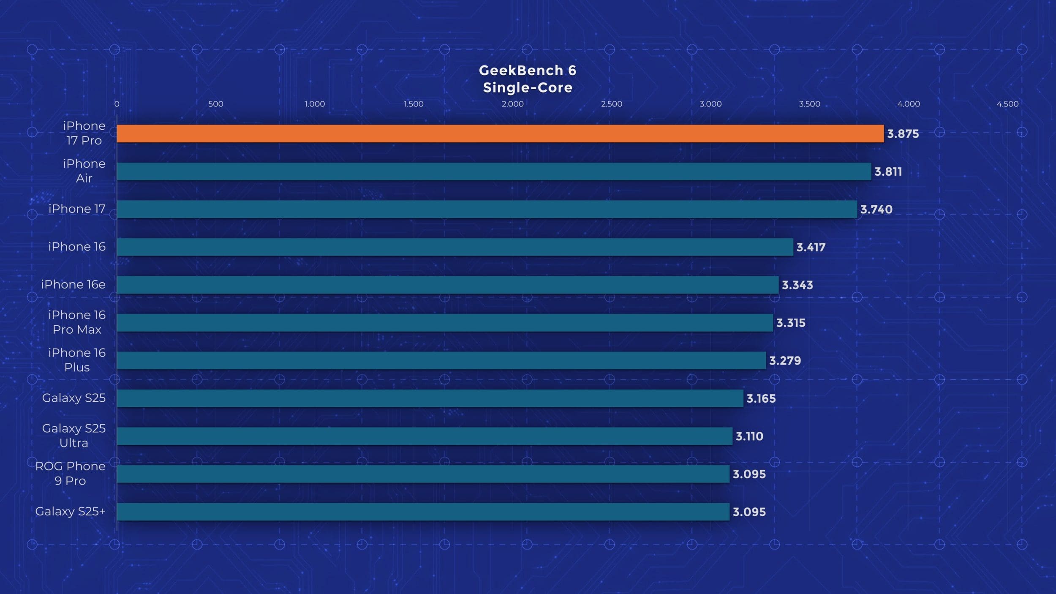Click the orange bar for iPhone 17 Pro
click(x=500, y=134)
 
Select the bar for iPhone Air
click(x=494, y=172)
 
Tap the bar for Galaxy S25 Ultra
click(x=425, y=436)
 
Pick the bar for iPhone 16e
click(x=448, y=285)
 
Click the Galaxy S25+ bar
click(x=423, y=512)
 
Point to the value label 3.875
click(x=903, y=134)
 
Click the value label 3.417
click(x=811, y=247)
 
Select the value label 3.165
click(x=761, y=398)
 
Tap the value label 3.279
click(x=785, y=361)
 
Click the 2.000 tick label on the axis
click(x=512, y=104)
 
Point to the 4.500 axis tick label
click(x=1007, y=104)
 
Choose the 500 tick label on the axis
click(x=215, y=104)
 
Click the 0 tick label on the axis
click(x=117, y=104)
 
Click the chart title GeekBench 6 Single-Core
click(x=528, y=79)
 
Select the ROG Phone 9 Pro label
click(x=70, y=473)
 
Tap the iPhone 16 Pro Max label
click(x=77, y=322)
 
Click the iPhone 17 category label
click(x=76, y=209)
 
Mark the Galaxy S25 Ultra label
click(x=73, y=436)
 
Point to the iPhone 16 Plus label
click(x=77, y=360)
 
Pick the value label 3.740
click(x=876, y=210)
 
